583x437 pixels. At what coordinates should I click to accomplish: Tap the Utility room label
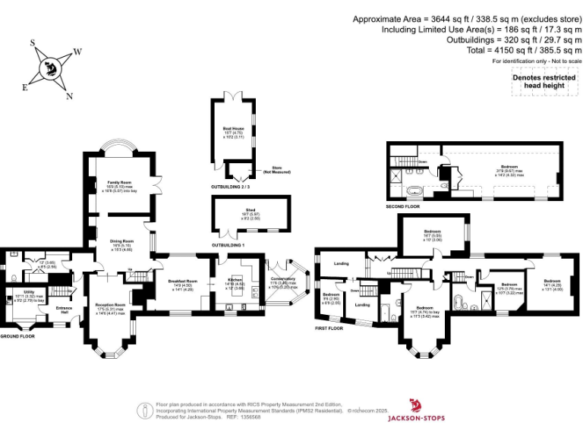29,291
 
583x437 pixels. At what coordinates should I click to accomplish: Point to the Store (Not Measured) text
271,171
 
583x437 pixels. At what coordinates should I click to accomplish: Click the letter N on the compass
69,96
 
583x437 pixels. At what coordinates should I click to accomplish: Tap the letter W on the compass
77,52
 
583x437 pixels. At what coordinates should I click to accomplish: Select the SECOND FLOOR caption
404,206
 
